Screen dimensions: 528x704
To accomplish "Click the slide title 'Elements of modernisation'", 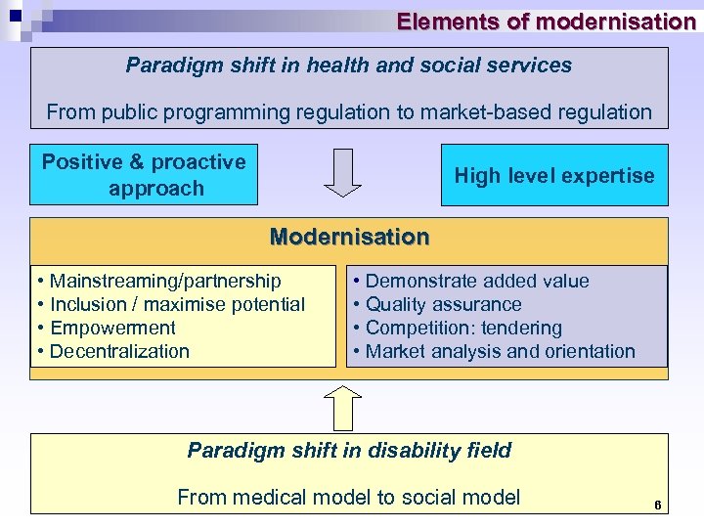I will (x=546, y=22).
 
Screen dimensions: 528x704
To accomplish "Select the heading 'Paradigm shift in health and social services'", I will (x=349, y=66).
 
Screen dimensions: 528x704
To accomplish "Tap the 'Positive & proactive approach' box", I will (x=144, y=175).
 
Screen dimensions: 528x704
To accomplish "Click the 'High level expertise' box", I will (x=553, y=176).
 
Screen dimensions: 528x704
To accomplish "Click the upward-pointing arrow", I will (x=343, y=407).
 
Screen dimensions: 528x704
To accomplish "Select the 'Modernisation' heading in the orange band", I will (x=349, y=237).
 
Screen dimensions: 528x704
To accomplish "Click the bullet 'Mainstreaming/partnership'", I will (x=164, y=282).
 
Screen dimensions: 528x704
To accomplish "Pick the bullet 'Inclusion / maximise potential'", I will (x=177, y=305).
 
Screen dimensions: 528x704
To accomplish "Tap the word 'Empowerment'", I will (x=112, y=329).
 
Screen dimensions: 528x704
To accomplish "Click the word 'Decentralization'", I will (x=119, y=352).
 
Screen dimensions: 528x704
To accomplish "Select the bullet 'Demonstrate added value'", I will (x=476, y=282).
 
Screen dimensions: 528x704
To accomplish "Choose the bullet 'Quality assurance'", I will (x=443, y=305).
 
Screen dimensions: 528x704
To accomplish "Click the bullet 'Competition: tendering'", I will (x=463, y=329).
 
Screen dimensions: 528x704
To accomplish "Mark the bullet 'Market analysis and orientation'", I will (x=500, y=352).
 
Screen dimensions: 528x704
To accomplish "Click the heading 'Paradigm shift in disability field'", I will (x=349, y=451).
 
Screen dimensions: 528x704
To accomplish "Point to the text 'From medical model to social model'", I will (x=349, y=498).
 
